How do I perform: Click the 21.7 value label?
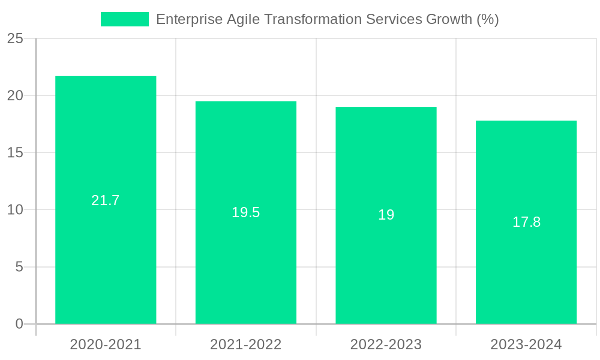pyautogui.click(x=106, y=200)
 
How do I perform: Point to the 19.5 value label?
pyautogui.click(x=246, y=212)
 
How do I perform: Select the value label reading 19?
pyautogui.click(x=386, y=215)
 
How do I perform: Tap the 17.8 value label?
pyautogui.click(x=526, y=222)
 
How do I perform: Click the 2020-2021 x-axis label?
pyautogui.click(x=106, y=344)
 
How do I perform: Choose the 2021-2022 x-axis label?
pyautogui.click(x=246, y=344)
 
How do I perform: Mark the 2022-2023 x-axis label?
pyautogui.click(x=386, y=344)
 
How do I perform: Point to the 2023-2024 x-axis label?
pyautogui.click(x=526, y=344)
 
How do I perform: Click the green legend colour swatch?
pyautogui.click(x=125, y=19)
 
